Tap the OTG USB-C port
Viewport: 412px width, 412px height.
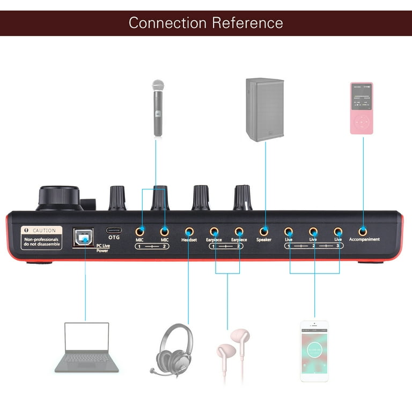tap(113, 229)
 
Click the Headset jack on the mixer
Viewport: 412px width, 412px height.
tap(188, 231)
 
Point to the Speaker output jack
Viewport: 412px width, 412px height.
tap(263, 231)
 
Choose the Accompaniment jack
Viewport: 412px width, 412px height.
tap(364, 231)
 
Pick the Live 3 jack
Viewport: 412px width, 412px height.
tap(338, 231)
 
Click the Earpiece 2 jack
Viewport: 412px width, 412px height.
tap(239, 231)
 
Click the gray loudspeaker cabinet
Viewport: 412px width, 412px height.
tap(264, 109)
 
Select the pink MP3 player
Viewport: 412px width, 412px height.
tap(362, 108)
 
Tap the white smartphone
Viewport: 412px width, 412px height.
tap(314, 351)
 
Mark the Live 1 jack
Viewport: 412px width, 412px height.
tap(289, 231)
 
